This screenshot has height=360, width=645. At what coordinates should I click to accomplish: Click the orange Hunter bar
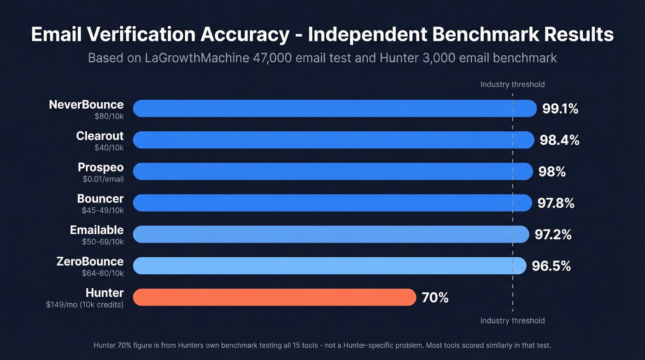coord(275,297)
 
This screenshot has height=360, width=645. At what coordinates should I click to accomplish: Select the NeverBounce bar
coord(335,108)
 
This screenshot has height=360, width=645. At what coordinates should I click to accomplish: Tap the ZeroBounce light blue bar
coord(329,266)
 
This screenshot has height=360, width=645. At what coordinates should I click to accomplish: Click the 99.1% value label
coord(560,109)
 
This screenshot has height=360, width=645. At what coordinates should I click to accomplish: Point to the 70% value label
coord(435,298)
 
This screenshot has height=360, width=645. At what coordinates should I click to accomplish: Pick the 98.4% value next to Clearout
coord(559,140)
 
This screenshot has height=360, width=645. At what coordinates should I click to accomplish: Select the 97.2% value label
coord(553,235)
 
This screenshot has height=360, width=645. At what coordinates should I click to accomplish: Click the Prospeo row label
coord(100,167)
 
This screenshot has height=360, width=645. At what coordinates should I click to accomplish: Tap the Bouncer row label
coord(100,199)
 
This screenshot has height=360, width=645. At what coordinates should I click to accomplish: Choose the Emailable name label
coord(97,230)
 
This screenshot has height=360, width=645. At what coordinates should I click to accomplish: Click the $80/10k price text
coord(109,116)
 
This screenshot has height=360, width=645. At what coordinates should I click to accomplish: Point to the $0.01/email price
coord(103,179)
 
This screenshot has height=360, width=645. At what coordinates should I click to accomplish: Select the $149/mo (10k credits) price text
coord(85,304)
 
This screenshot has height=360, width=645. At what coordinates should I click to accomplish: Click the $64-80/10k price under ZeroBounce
coord(103,273)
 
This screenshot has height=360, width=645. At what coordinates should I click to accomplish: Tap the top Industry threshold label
coord(512,84)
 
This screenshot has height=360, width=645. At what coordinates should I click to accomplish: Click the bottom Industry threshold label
coord(512,320)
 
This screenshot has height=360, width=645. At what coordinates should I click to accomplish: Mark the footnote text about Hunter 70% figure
coord(322,345)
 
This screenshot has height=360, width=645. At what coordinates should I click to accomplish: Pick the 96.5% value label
coord(551,266)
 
